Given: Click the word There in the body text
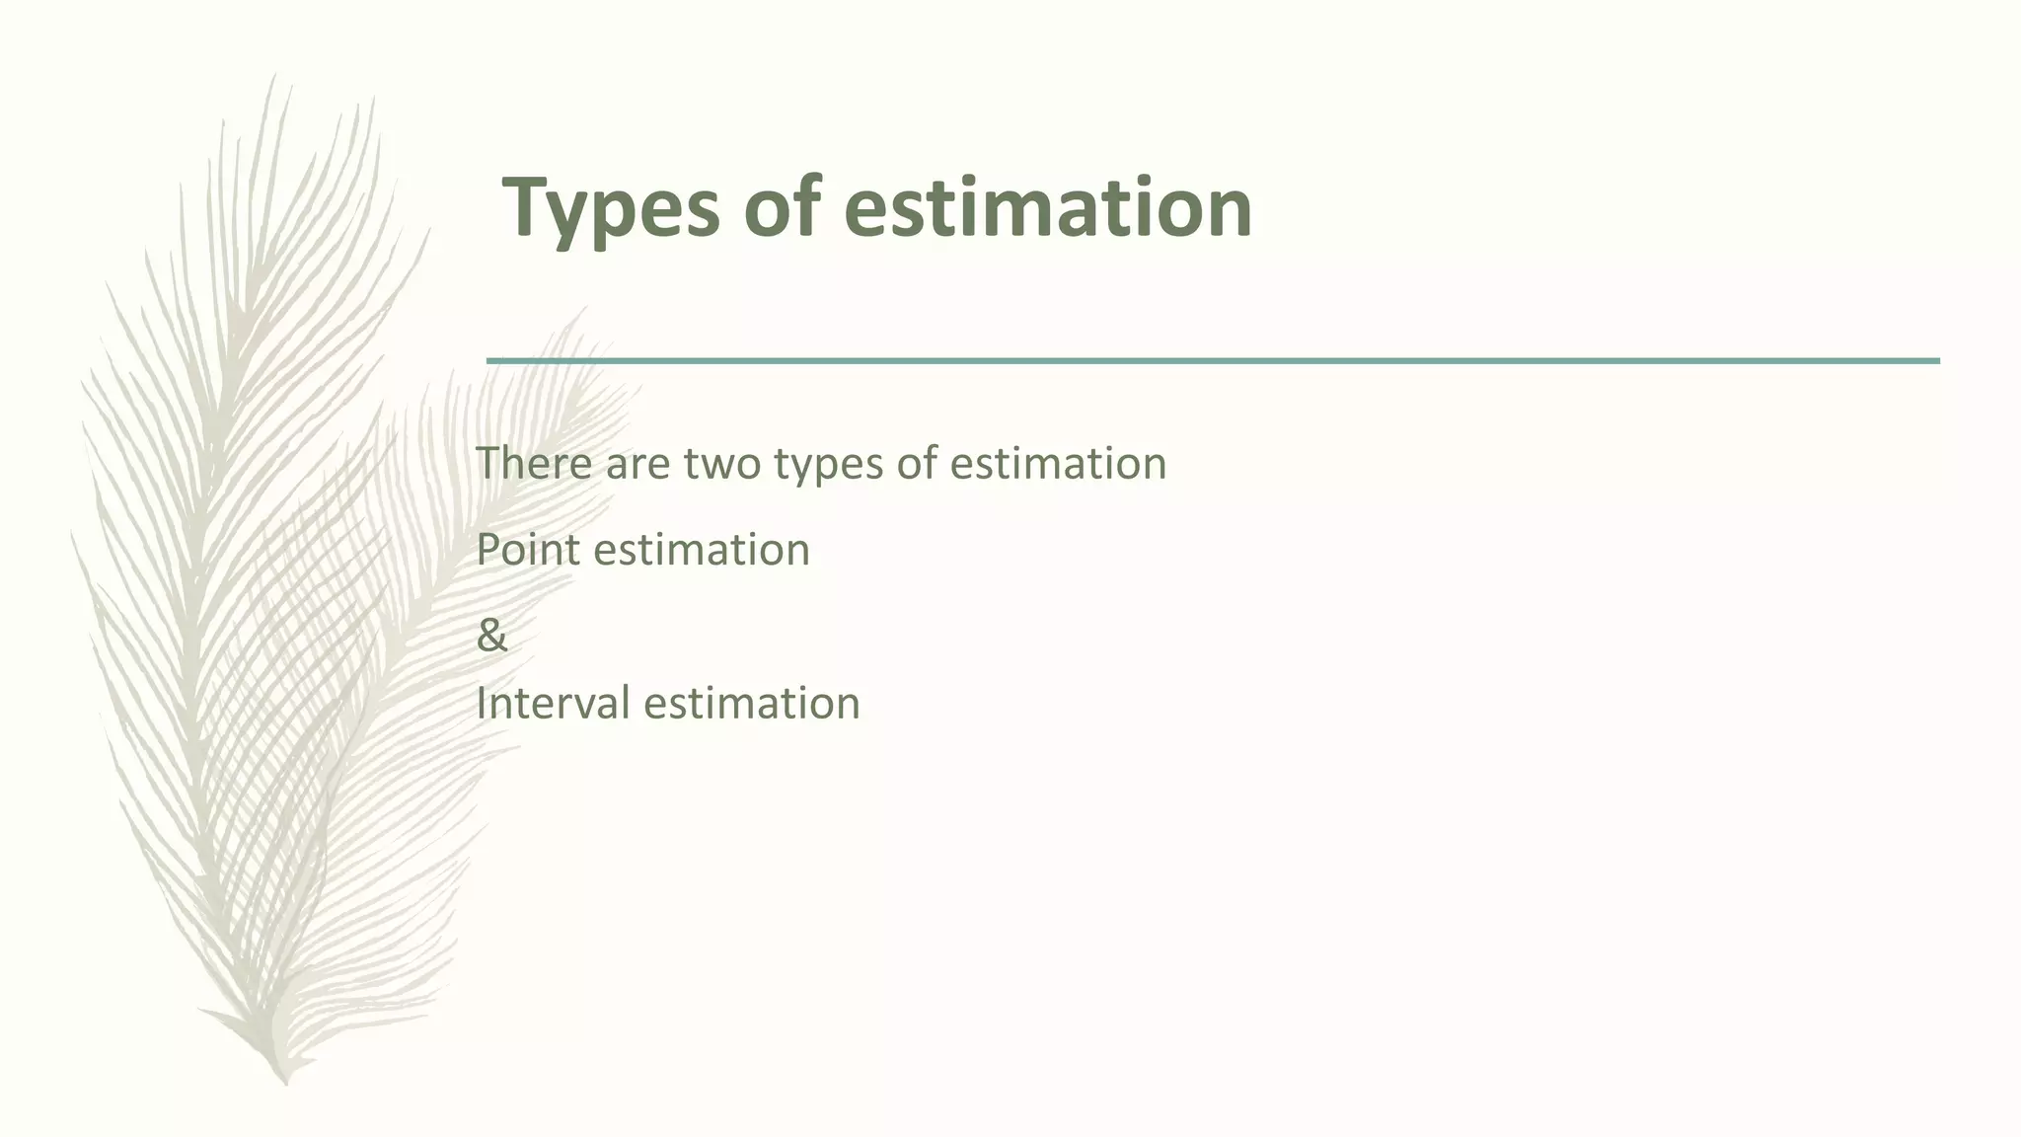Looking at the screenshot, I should tap(533, 463).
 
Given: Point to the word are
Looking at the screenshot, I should tap(637, 464).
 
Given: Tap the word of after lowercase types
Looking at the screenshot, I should tap(917, 463).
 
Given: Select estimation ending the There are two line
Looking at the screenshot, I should tap(1058, 463).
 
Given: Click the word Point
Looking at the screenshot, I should tap(528, 549).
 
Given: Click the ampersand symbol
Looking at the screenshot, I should tap(491, 635).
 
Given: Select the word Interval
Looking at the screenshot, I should tap(553, 703).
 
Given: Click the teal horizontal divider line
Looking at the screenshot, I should tap(1213, 361).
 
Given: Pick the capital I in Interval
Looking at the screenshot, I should tap(481, 703).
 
